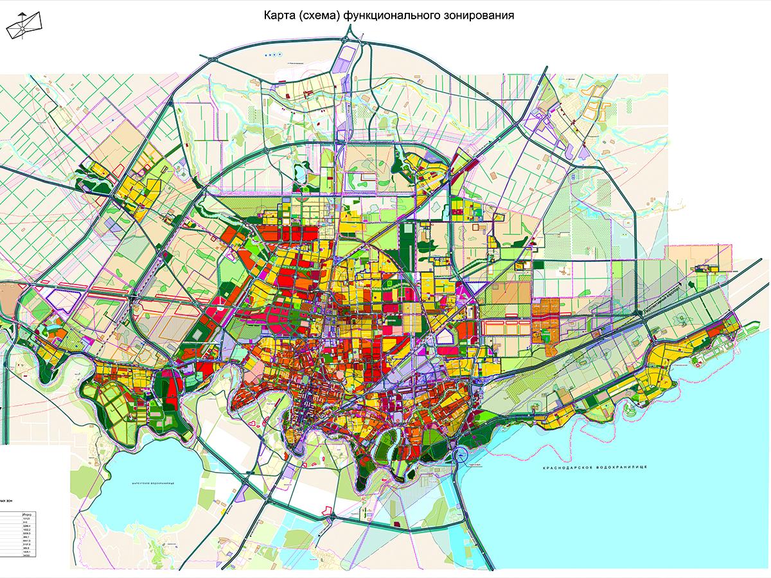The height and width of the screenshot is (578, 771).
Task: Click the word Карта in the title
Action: click(276, 15)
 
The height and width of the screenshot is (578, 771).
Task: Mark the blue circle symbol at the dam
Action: click(461, 457)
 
